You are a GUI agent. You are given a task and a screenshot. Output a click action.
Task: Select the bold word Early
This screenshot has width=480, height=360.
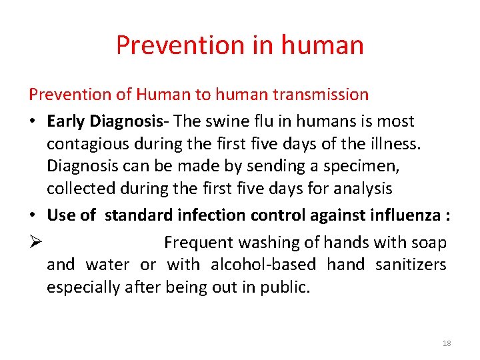click(67, 121)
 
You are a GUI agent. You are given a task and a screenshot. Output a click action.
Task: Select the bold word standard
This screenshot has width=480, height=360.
click(139, 215)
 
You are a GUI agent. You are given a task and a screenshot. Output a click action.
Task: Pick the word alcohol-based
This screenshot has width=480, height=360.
click(263, 265)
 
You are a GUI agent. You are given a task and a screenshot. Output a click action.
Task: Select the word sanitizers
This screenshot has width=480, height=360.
click(411, 265)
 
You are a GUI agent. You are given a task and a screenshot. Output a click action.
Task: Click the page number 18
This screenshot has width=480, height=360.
click(447, 343)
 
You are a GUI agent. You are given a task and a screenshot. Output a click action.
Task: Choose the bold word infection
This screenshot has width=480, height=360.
click(212, 215)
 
